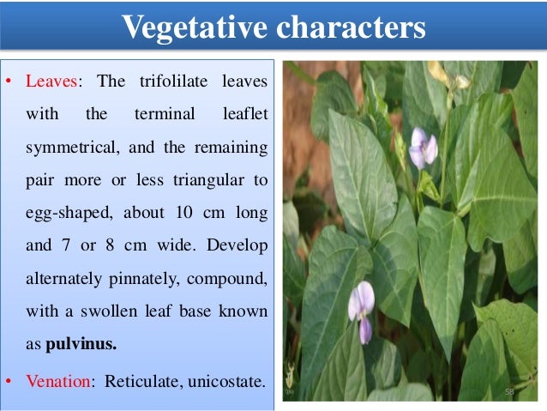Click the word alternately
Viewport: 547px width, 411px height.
(65, 280)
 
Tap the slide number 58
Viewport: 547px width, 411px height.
(509, 391)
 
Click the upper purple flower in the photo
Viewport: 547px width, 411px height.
(423, 147)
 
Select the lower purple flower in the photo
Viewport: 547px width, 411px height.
(362, 306)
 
